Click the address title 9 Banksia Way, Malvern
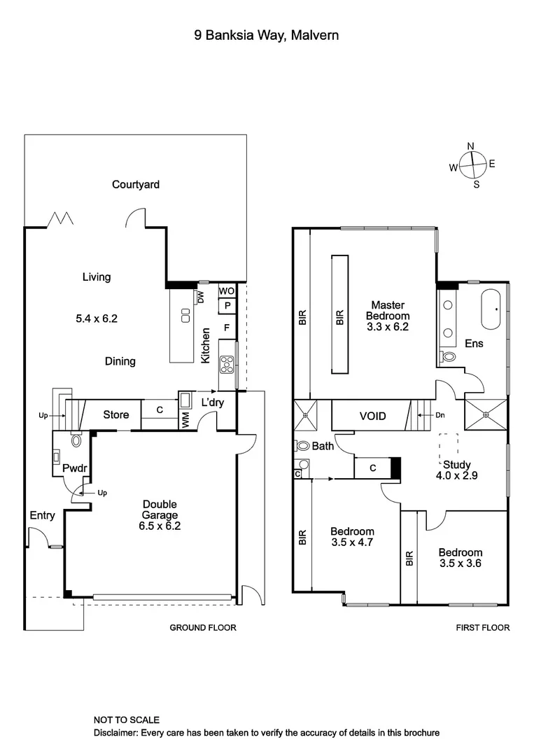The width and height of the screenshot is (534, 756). tap(267, 35)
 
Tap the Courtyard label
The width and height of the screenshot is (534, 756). tap(136, 185)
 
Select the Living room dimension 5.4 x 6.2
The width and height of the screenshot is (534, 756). tap(96, 318)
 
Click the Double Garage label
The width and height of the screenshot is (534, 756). tap(160, 504)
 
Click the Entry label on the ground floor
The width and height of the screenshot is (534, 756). tap(42, 516)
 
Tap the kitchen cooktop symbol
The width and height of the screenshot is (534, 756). tap(228, 363)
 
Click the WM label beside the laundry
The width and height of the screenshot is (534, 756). tap(185, 421)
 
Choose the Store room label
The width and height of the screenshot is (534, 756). tap(116, 414)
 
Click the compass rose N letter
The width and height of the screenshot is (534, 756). tap(471, 146)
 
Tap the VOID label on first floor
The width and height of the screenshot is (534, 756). tap(373, 416)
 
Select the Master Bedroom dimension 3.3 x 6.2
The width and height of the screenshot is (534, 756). tap(388, 326)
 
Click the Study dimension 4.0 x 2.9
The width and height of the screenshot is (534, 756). tap(456, 476)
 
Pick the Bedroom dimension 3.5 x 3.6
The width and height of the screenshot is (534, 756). tap(461, 563)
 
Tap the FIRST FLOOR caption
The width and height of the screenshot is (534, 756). tap(483, 628)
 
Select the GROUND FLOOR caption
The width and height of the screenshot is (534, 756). tap(203, 628)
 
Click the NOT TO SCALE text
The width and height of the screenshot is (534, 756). tap(127, 720)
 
